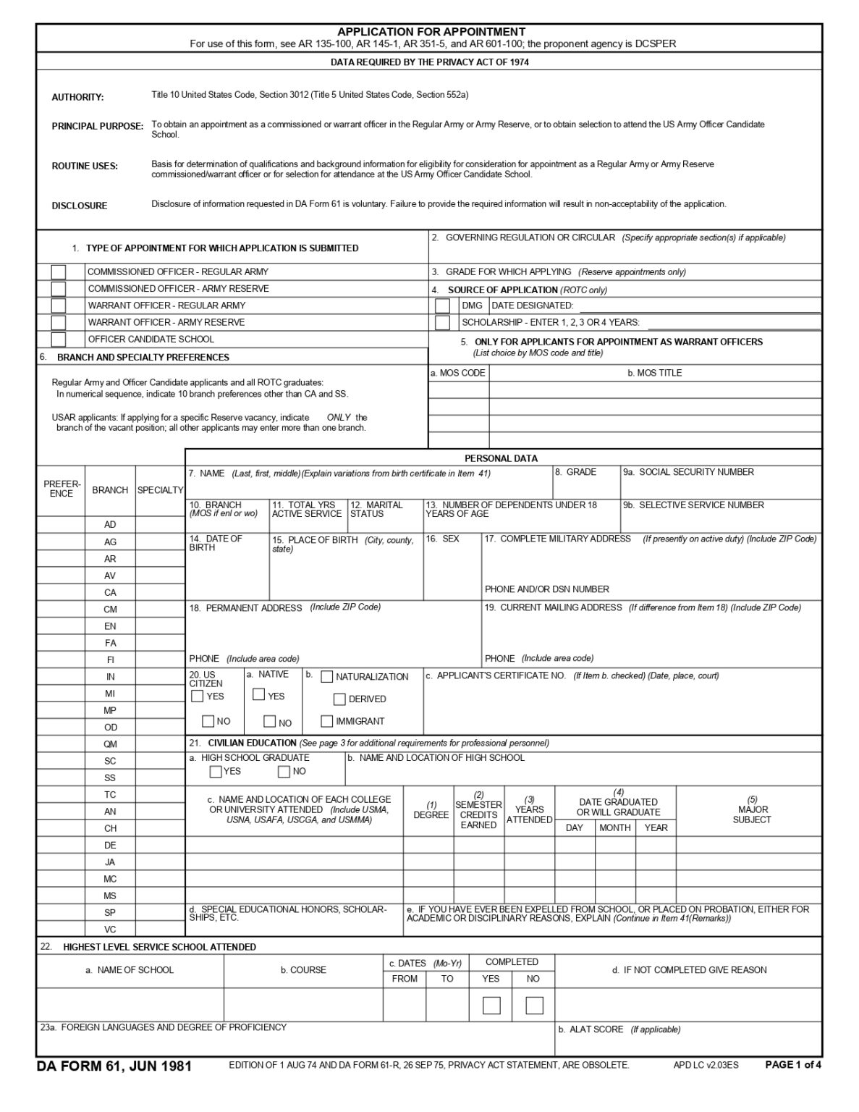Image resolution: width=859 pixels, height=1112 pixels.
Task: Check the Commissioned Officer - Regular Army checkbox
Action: (59, 272)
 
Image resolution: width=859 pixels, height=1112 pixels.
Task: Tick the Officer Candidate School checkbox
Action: (59, 340)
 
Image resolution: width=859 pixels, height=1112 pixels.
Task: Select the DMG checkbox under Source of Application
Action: (442, 306)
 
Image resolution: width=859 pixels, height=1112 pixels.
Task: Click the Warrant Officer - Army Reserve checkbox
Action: (59, 323)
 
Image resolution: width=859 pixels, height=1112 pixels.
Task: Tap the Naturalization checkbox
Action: (327, 677)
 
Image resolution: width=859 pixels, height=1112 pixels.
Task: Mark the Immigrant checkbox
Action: (327, 721)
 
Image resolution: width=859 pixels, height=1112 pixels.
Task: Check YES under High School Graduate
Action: (216, 772)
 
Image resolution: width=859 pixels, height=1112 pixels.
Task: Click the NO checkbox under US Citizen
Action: (208, 721)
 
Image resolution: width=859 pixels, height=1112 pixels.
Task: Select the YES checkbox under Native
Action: (259, 695)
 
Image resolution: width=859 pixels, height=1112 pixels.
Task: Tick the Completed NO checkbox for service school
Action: (534, 1006)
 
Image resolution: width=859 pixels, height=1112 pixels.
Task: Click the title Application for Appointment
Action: (431, 32)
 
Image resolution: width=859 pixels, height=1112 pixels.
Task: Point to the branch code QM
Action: (110, 744)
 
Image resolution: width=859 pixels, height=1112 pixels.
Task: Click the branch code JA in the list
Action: (110, 862)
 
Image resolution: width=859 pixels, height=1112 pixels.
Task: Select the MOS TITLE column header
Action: (654, 374)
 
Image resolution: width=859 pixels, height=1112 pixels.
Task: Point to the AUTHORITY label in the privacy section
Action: (77, 98)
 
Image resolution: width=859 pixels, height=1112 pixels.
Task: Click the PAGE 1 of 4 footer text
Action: (793, 1064)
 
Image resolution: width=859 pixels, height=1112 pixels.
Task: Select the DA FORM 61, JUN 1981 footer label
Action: (114, 1066)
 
